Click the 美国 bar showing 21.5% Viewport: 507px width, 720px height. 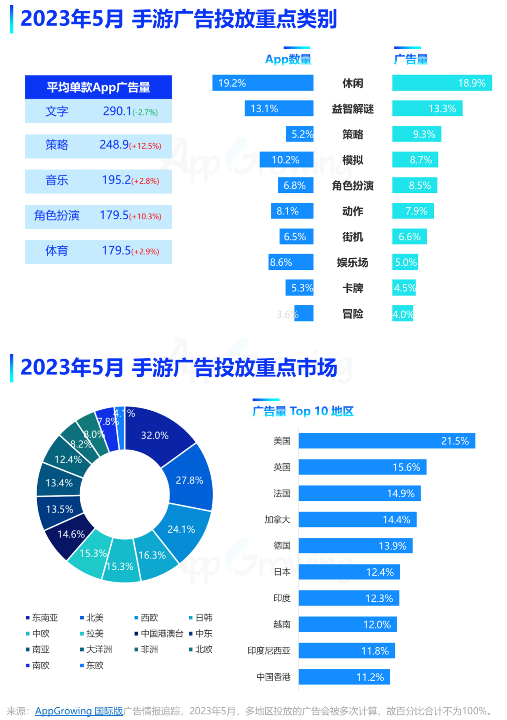point(387,441)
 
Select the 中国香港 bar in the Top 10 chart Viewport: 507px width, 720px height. point(344,677)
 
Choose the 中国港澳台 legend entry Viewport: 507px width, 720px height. point(161,634)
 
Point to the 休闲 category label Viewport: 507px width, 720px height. point(353,83)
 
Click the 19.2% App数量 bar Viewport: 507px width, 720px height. point(263,83)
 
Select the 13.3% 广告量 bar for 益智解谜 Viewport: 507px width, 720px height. point(427,108)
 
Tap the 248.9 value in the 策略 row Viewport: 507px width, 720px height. point(114,145)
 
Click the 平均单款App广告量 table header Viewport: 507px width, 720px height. point(98,87)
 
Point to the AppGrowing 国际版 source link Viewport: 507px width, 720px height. point(79,711)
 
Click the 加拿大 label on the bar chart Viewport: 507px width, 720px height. point(277,520)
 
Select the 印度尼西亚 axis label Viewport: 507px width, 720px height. point(269,651)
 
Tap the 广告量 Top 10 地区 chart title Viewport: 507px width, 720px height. point(303,411)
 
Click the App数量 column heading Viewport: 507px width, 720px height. point(288,59)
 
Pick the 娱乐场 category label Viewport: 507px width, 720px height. point(353,262)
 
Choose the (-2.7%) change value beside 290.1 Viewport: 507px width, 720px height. point(145,113)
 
